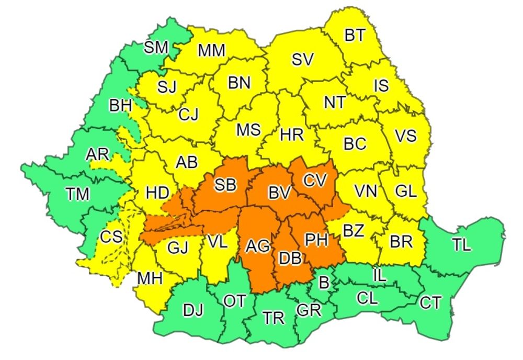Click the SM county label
click(156, 48)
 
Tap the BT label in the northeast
click(355, 36)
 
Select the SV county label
click(302, 60)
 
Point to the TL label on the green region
click(462, 245)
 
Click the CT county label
click(430, 302)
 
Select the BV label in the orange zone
click(279, 193)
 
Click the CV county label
click(315, 180)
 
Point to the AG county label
click(258, 245)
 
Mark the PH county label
click(316, 240)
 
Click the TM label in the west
click(77, 194)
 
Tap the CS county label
click(111, 237)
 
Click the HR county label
click(291, 134)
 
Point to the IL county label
click(380, 275)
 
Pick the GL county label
click(406, 191)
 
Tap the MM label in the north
click(211, 51)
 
